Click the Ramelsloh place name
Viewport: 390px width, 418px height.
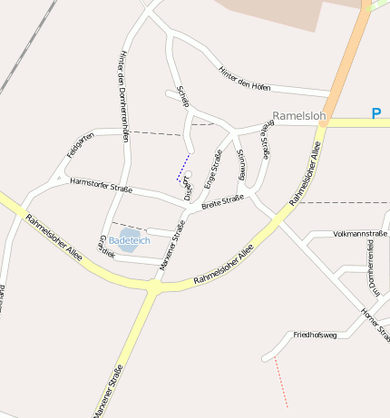(x=298, y=116)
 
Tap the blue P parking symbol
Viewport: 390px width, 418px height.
(x=376, y=114)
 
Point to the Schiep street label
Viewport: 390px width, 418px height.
(x=183, y=97)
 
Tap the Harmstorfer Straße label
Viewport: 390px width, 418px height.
(x=101, y=186)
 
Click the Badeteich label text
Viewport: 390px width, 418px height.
(x=129, y=240)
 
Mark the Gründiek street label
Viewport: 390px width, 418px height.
(x=105, y=247)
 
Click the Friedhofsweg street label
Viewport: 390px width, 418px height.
(x=315, y=335)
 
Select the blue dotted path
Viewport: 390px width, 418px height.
(x=183, y=168)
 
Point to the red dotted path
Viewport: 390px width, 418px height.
(x=280, y=381)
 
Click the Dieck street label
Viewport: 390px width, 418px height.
(x=187, y=188)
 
